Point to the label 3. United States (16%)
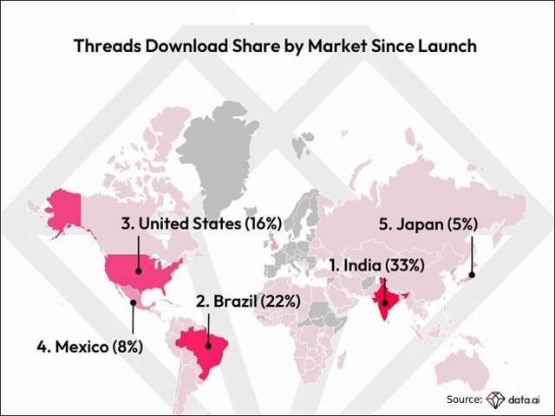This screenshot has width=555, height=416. (x=201, y=224)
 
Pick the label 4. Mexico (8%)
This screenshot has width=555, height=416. (x=89, y=348)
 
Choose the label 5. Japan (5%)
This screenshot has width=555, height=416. (x=428, y=224)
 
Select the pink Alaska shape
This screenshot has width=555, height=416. (x=63, y=211)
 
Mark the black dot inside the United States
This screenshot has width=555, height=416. (x=140, y=270)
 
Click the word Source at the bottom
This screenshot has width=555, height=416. (x=463, y=399)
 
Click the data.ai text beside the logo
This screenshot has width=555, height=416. (x=526, y=399)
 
